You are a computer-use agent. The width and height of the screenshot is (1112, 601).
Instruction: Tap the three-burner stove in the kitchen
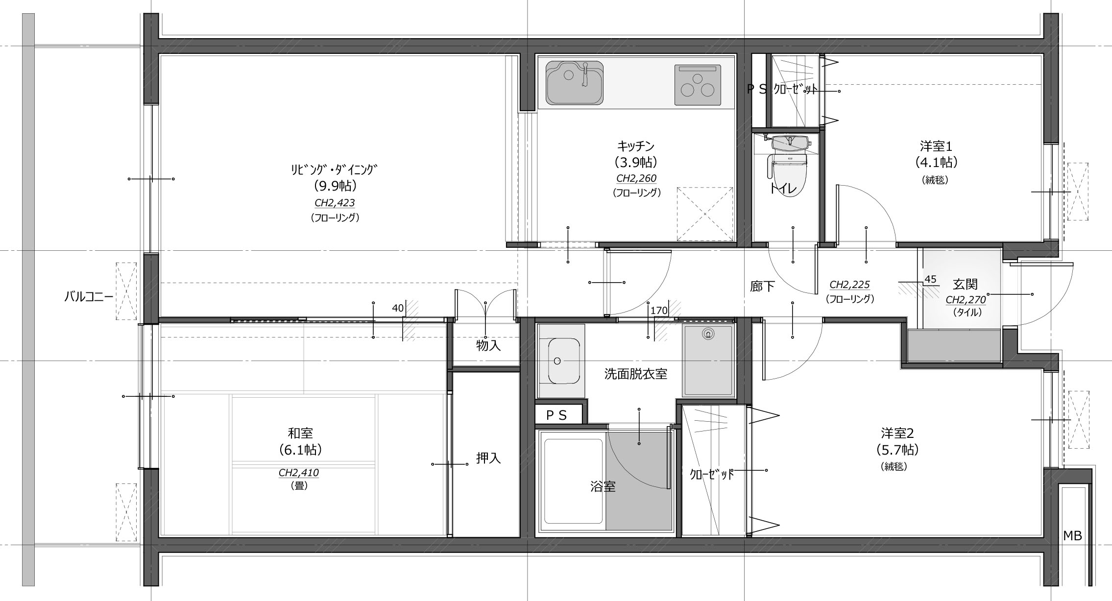(x=698, y=85)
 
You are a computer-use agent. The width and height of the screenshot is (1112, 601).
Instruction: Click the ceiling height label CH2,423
(x=335, y=203)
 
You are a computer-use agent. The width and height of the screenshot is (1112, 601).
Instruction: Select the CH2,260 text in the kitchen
(x=636, y=178)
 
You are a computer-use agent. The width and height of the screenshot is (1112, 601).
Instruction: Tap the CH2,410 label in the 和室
(x=299, y=473)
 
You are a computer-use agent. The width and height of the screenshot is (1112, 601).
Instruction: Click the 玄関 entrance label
(x=965, y=285)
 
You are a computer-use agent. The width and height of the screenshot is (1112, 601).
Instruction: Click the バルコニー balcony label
(x=89, y=296)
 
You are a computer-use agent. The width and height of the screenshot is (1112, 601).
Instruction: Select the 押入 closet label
(x=488, y=458)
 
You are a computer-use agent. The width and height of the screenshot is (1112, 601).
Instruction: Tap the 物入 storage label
(x=488, y=345)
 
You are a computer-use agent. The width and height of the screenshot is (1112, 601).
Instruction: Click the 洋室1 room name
(x=936, y=146)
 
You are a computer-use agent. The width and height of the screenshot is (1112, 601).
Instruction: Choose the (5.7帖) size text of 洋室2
(x=897, y=450)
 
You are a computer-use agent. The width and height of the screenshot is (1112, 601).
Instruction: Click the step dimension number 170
(x=659, y=310)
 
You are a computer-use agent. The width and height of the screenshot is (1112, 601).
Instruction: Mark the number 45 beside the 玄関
(x=930, y=280)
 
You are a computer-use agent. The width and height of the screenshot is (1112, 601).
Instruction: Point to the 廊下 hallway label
(x=763, y=287)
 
